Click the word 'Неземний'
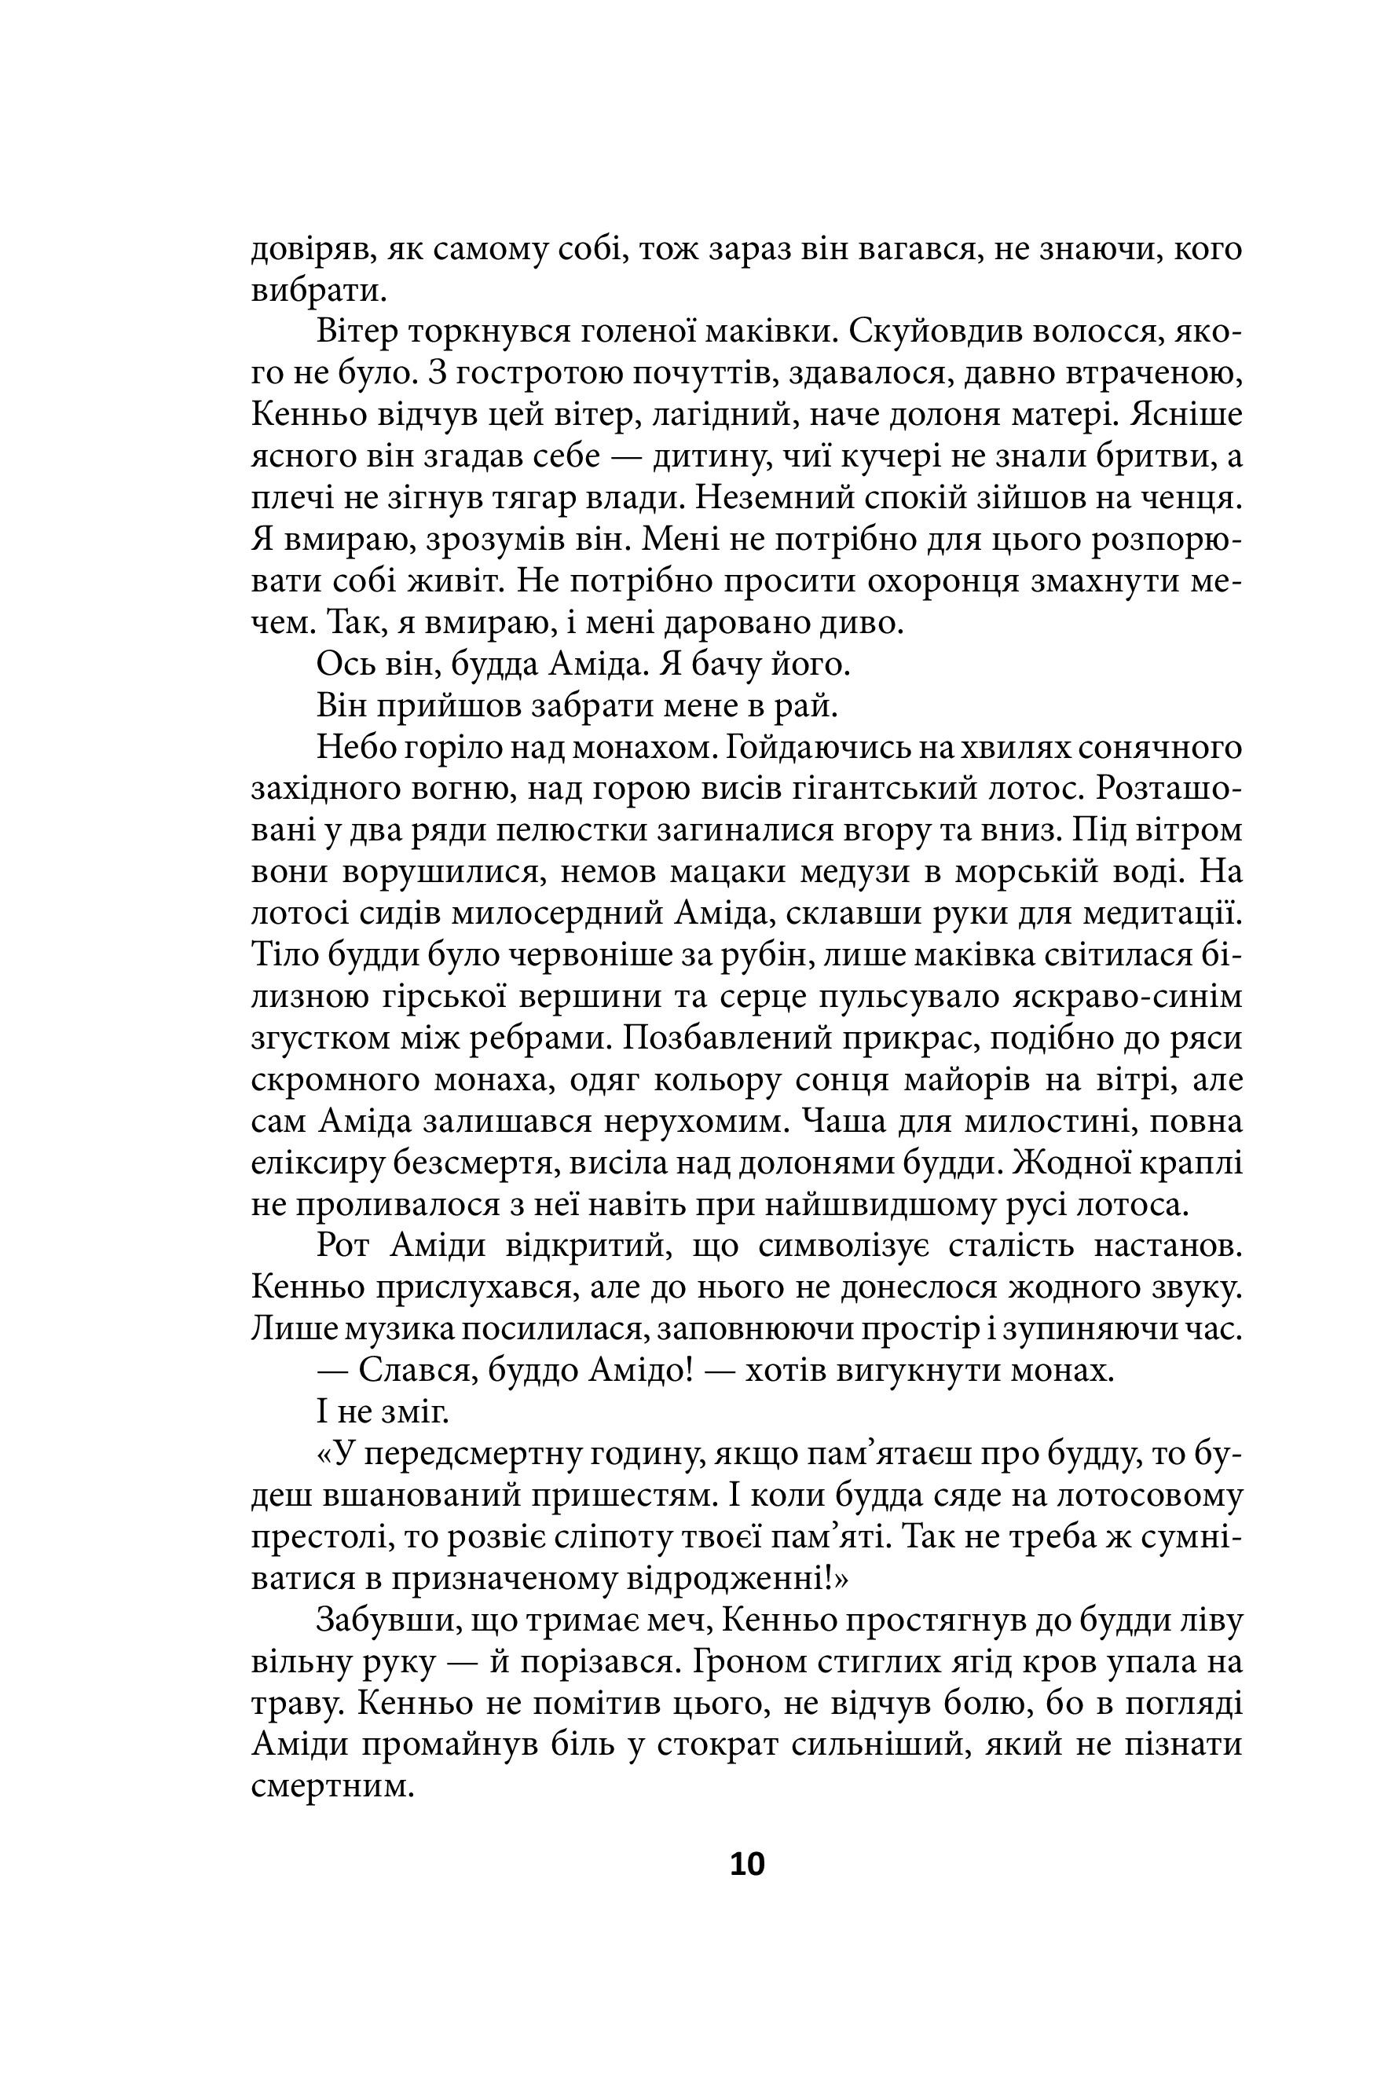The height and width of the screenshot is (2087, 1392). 771,499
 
